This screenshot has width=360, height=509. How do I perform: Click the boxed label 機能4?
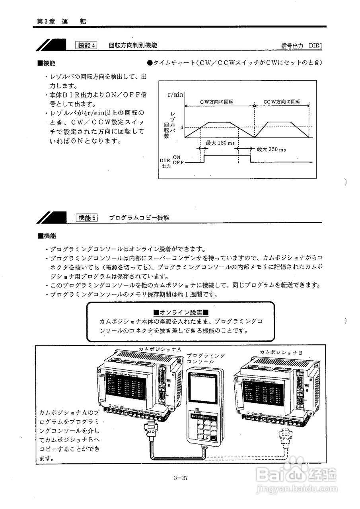[x=86, y=45]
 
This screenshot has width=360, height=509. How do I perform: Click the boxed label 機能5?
[x=86, y=218]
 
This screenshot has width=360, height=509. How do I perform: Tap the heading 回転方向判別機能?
[x=133, y=45]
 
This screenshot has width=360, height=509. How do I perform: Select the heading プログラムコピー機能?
[x=139, y=218]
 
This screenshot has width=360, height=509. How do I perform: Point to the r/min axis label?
[x=175, y=94]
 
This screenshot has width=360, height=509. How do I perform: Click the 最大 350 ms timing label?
[x=271, y=150]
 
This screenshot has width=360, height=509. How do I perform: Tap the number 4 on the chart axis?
[x=181, y=128]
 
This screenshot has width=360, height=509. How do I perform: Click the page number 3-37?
[x=181, y=478]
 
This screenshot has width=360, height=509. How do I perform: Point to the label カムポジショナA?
[x=160, y=349]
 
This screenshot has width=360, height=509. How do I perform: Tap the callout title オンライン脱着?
[x=181, y=312]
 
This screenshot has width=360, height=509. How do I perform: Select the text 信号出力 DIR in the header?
[x=301, y=46]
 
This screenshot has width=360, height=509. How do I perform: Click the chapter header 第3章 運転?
[x=61, y=21]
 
